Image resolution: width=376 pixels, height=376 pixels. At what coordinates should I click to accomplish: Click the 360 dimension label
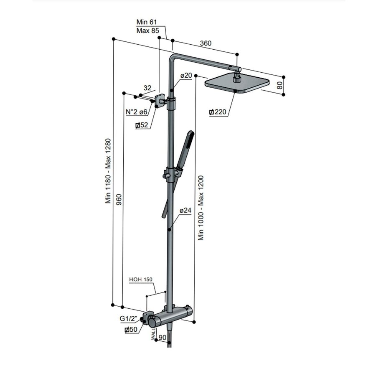point(206,43)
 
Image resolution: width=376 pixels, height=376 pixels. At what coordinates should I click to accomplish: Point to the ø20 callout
point(186,75)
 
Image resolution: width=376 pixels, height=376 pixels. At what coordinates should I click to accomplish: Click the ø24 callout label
point(185,211)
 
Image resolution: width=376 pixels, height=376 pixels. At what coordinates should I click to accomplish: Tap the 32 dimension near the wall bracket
point(147,88)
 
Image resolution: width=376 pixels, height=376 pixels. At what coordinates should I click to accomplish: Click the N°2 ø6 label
point(136,112)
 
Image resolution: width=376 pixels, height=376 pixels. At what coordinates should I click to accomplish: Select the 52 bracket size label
point(142,125)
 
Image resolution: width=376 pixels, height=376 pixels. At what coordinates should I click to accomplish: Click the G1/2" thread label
point(129,319)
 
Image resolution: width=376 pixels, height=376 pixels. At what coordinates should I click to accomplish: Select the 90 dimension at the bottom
point(163,337)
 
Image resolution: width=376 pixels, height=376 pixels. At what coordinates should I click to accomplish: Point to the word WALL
point(154,335)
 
